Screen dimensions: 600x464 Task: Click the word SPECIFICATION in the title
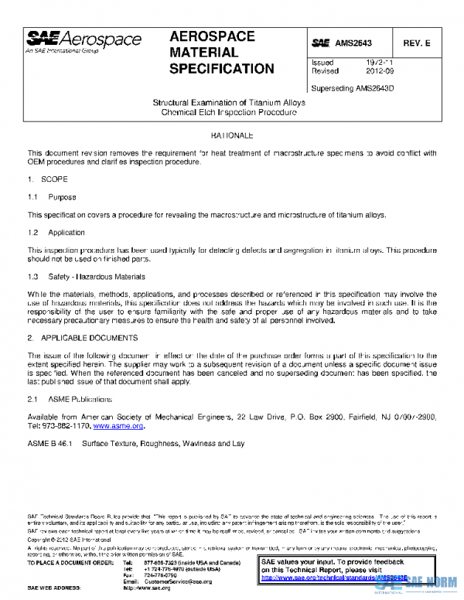click(x=221, y=69)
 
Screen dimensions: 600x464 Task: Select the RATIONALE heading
click(x=232, y=135)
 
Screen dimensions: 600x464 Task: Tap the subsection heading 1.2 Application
click(x=56, y=233)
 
